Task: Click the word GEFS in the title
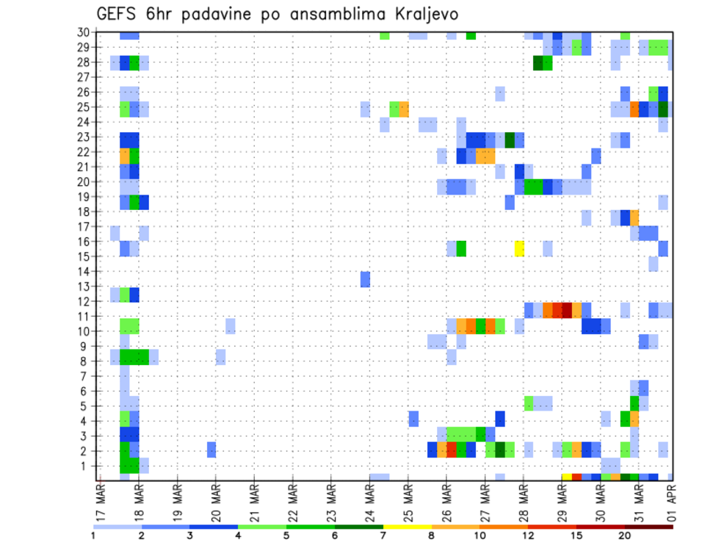pos(119,14)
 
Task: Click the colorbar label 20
pos(624,535)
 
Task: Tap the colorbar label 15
pos(576,535)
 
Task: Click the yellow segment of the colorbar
pos(407,527)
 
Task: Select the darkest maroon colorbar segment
pos(648,527)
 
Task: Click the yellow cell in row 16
pos(519,248)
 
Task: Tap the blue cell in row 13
pos(365,279)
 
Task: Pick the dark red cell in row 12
pos(566,310)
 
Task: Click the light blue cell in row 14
pos(654,264)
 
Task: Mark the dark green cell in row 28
pos(538,62)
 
